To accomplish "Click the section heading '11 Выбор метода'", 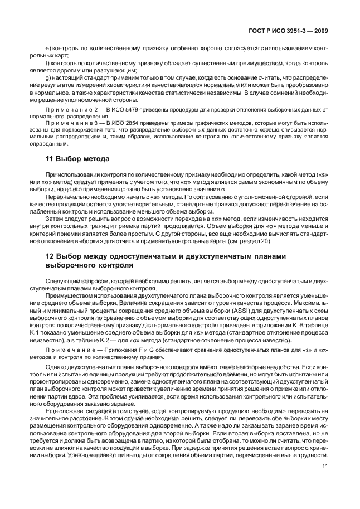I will pyautogui.click(x=77, y=159).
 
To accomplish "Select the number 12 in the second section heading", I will pyautogui.click(x=49, y=256).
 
